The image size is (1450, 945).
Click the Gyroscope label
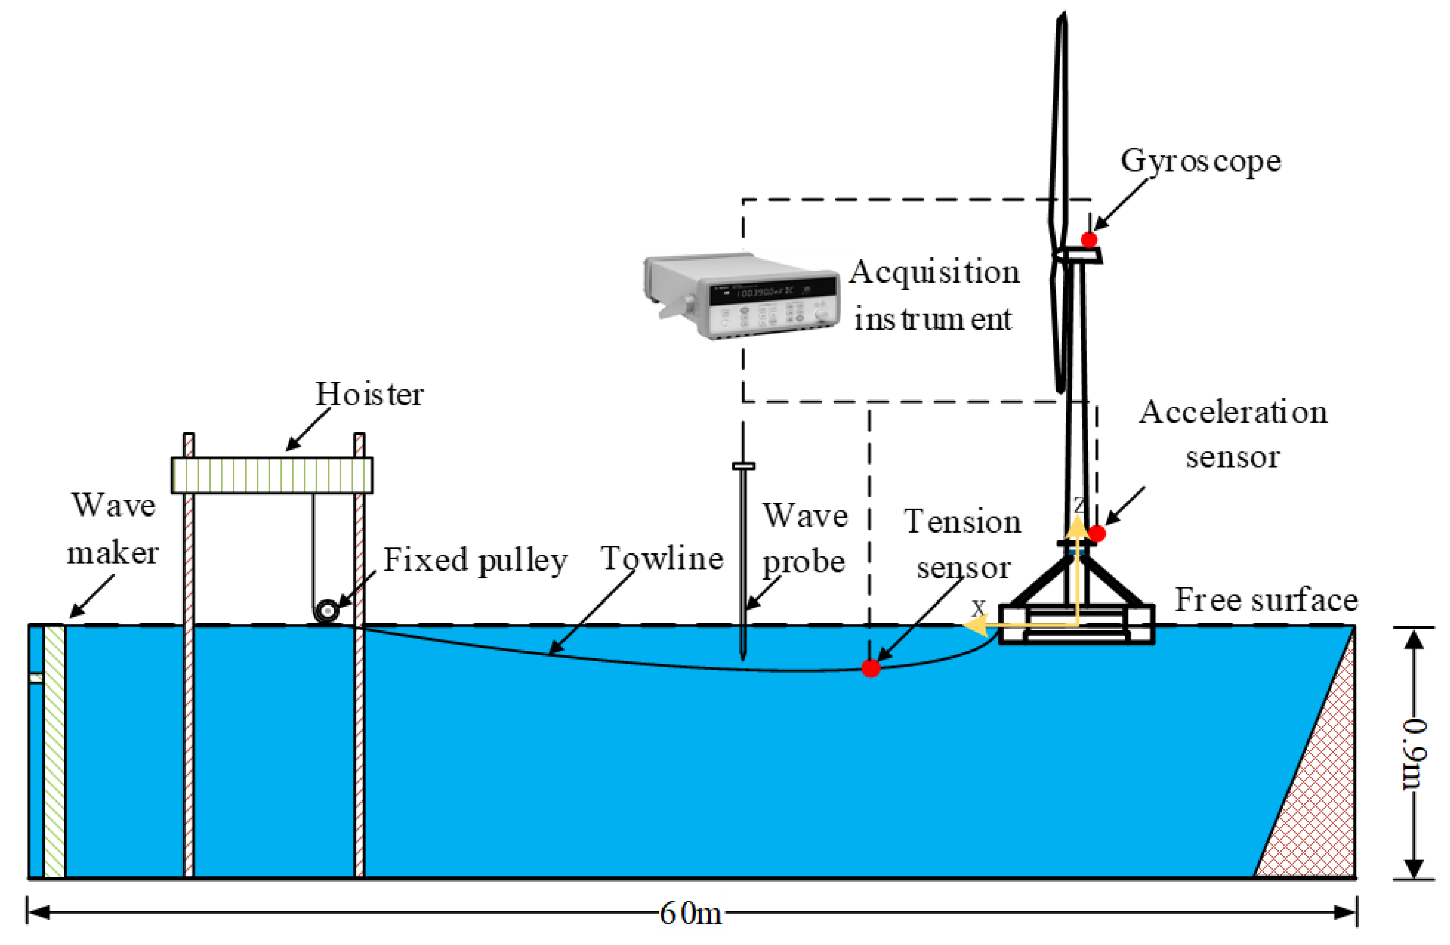[x=1200, y=162]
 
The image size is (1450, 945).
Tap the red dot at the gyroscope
[x=1089, y=239]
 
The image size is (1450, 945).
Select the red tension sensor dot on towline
[x=870, y=668]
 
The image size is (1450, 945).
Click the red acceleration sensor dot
[x=1097, y=534]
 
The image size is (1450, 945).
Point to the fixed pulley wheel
[x=328, y=610]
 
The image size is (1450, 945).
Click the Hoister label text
[x=369, y=395]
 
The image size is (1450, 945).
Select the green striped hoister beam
[x=272, y=475]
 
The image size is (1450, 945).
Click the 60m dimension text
[x=690, y=914]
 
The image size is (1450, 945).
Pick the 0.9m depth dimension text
[x=1415, y=753]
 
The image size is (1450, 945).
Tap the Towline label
[x=662, y=558]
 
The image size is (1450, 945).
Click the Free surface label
[x=1266, y=600]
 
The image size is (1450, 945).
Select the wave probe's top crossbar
[x=743, y=466]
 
